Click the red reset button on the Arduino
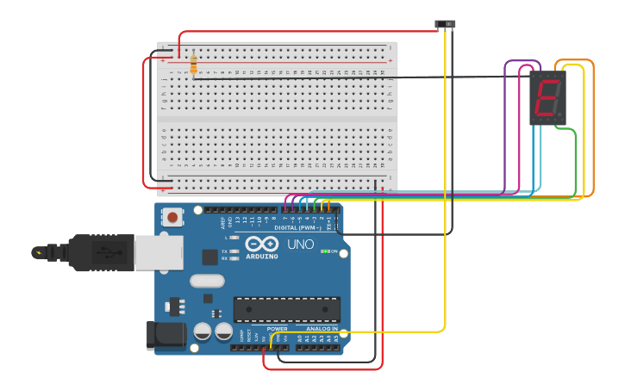[172, 217]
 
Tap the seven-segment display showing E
[547, 97]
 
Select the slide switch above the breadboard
[445, 24]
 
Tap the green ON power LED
[323, 251]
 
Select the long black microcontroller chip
[286, 309]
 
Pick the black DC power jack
[166, 334]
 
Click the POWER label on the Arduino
[277, 329]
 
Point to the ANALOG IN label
[322, 329]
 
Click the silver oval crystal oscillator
[207, 280]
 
